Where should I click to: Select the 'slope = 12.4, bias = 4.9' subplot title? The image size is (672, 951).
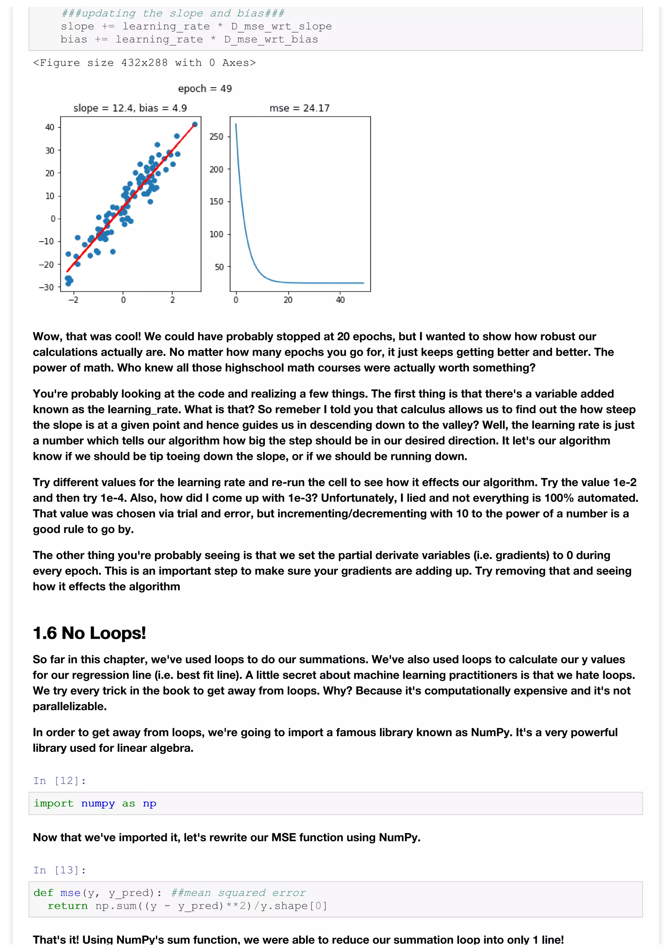(130, 108)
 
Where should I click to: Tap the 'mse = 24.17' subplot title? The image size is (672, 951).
(299, 108)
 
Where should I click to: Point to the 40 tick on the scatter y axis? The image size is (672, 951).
(50, 127)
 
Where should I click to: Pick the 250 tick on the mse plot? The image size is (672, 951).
(216, 137)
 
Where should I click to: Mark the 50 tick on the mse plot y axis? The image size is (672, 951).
(219, 267)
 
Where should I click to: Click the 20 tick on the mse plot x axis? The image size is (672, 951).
(288, 300)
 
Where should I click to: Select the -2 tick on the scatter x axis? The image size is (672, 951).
(73, 300)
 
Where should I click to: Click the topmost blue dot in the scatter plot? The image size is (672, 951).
(195, 124)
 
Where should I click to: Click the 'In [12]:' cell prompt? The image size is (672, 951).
(60, 781)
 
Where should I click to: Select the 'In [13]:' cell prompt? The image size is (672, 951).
(60, 870)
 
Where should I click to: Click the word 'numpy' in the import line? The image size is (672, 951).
(98, 804)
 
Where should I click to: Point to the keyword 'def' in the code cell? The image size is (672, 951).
(43, 893)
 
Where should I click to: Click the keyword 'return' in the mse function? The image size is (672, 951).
(68, 906)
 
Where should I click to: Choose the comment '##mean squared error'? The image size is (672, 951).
(238, 893)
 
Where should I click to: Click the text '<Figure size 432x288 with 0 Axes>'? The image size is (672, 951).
(144, 63)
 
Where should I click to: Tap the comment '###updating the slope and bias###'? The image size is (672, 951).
(173, 13)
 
